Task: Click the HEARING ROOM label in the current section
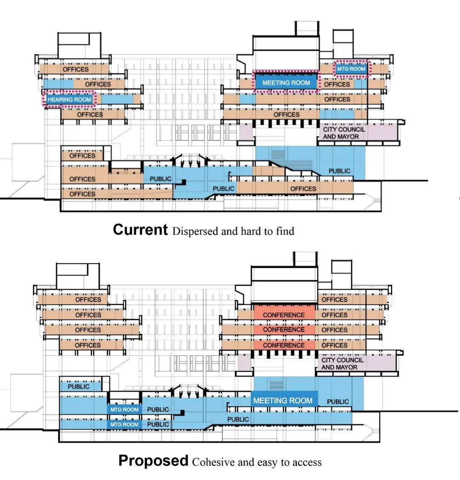click(69, 99)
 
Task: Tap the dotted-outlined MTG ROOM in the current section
click(351, 69)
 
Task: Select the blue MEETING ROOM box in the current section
click(286, 82)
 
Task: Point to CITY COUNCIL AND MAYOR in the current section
click(341, 133)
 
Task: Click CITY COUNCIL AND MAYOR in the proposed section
click(342, 364)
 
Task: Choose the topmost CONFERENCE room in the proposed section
click(284, 315)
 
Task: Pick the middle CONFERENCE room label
click(284, 330)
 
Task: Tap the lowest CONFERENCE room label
click(284, 345)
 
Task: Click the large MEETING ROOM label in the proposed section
click(283, 401)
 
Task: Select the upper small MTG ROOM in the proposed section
click(124, 410)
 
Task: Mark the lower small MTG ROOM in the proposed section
click(124, 425)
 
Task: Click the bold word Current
click(140, 230)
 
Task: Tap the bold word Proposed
click(153, 461)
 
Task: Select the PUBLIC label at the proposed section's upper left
click(79, 387)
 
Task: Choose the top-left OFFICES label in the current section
click(76, 69)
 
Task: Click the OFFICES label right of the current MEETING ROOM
click(337, 84)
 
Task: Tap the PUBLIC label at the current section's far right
click(339, 171)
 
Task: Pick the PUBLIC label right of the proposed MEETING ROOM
click(338, 402)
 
